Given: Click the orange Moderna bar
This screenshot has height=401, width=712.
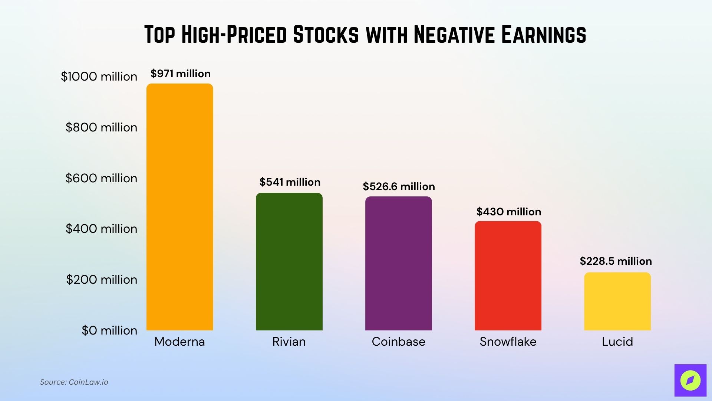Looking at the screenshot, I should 179,207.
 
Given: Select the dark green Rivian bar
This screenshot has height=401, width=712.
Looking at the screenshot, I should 289,261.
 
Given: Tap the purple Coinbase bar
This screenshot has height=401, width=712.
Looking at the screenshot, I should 398,263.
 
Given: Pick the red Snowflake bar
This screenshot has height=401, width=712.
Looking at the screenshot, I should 508,276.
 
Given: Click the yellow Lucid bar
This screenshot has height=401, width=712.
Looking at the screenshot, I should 617,301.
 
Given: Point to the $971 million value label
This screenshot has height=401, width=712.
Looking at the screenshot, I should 180,74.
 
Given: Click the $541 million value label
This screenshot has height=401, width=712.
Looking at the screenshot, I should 290,182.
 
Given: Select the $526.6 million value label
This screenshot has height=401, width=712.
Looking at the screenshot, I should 399,186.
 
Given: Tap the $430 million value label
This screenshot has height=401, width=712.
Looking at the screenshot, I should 508,212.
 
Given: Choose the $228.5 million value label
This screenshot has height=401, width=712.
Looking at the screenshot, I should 616,261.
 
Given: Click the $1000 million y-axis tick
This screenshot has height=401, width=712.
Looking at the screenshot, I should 99,76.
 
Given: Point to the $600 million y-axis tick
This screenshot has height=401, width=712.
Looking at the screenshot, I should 101,178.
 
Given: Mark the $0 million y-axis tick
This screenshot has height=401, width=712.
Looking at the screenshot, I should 109,330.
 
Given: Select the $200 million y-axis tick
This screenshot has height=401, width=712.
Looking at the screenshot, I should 102,280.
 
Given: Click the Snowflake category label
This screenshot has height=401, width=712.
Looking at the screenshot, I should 508,342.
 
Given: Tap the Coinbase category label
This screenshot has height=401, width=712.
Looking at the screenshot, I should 398,342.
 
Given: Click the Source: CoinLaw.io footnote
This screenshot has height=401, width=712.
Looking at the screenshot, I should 74,382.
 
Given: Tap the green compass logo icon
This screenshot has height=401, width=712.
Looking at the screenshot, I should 690,380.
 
